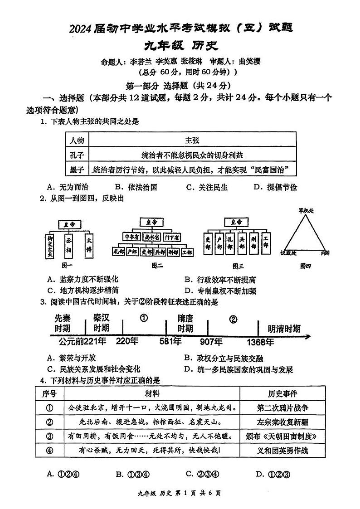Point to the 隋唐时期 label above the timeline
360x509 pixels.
click(x=185, y=323)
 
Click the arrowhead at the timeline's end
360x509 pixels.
click(x=308, y=336)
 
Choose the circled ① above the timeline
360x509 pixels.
click(x=144, y=318)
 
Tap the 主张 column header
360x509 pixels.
click(x=192, y=140)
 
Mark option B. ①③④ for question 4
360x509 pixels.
click(x=132, y=474)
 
